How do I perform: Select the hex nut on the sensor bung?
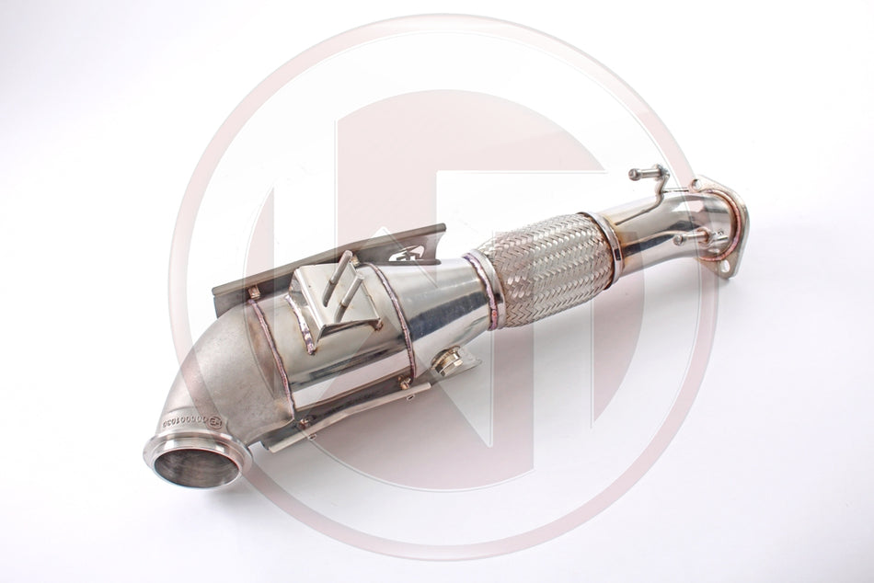pos(448,362)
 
